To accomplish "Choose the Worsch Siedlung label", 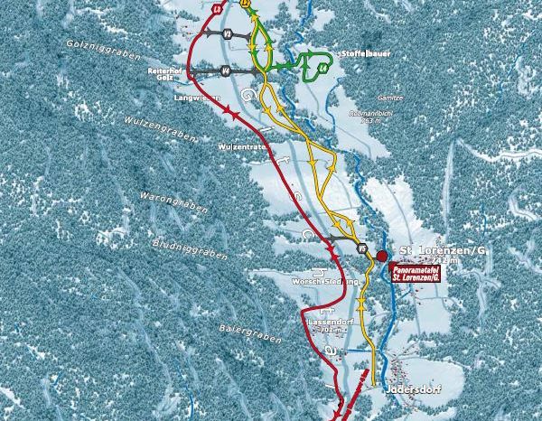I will tap(309, 282).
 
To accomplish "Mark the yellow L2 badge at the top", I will tap(246, 5).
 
